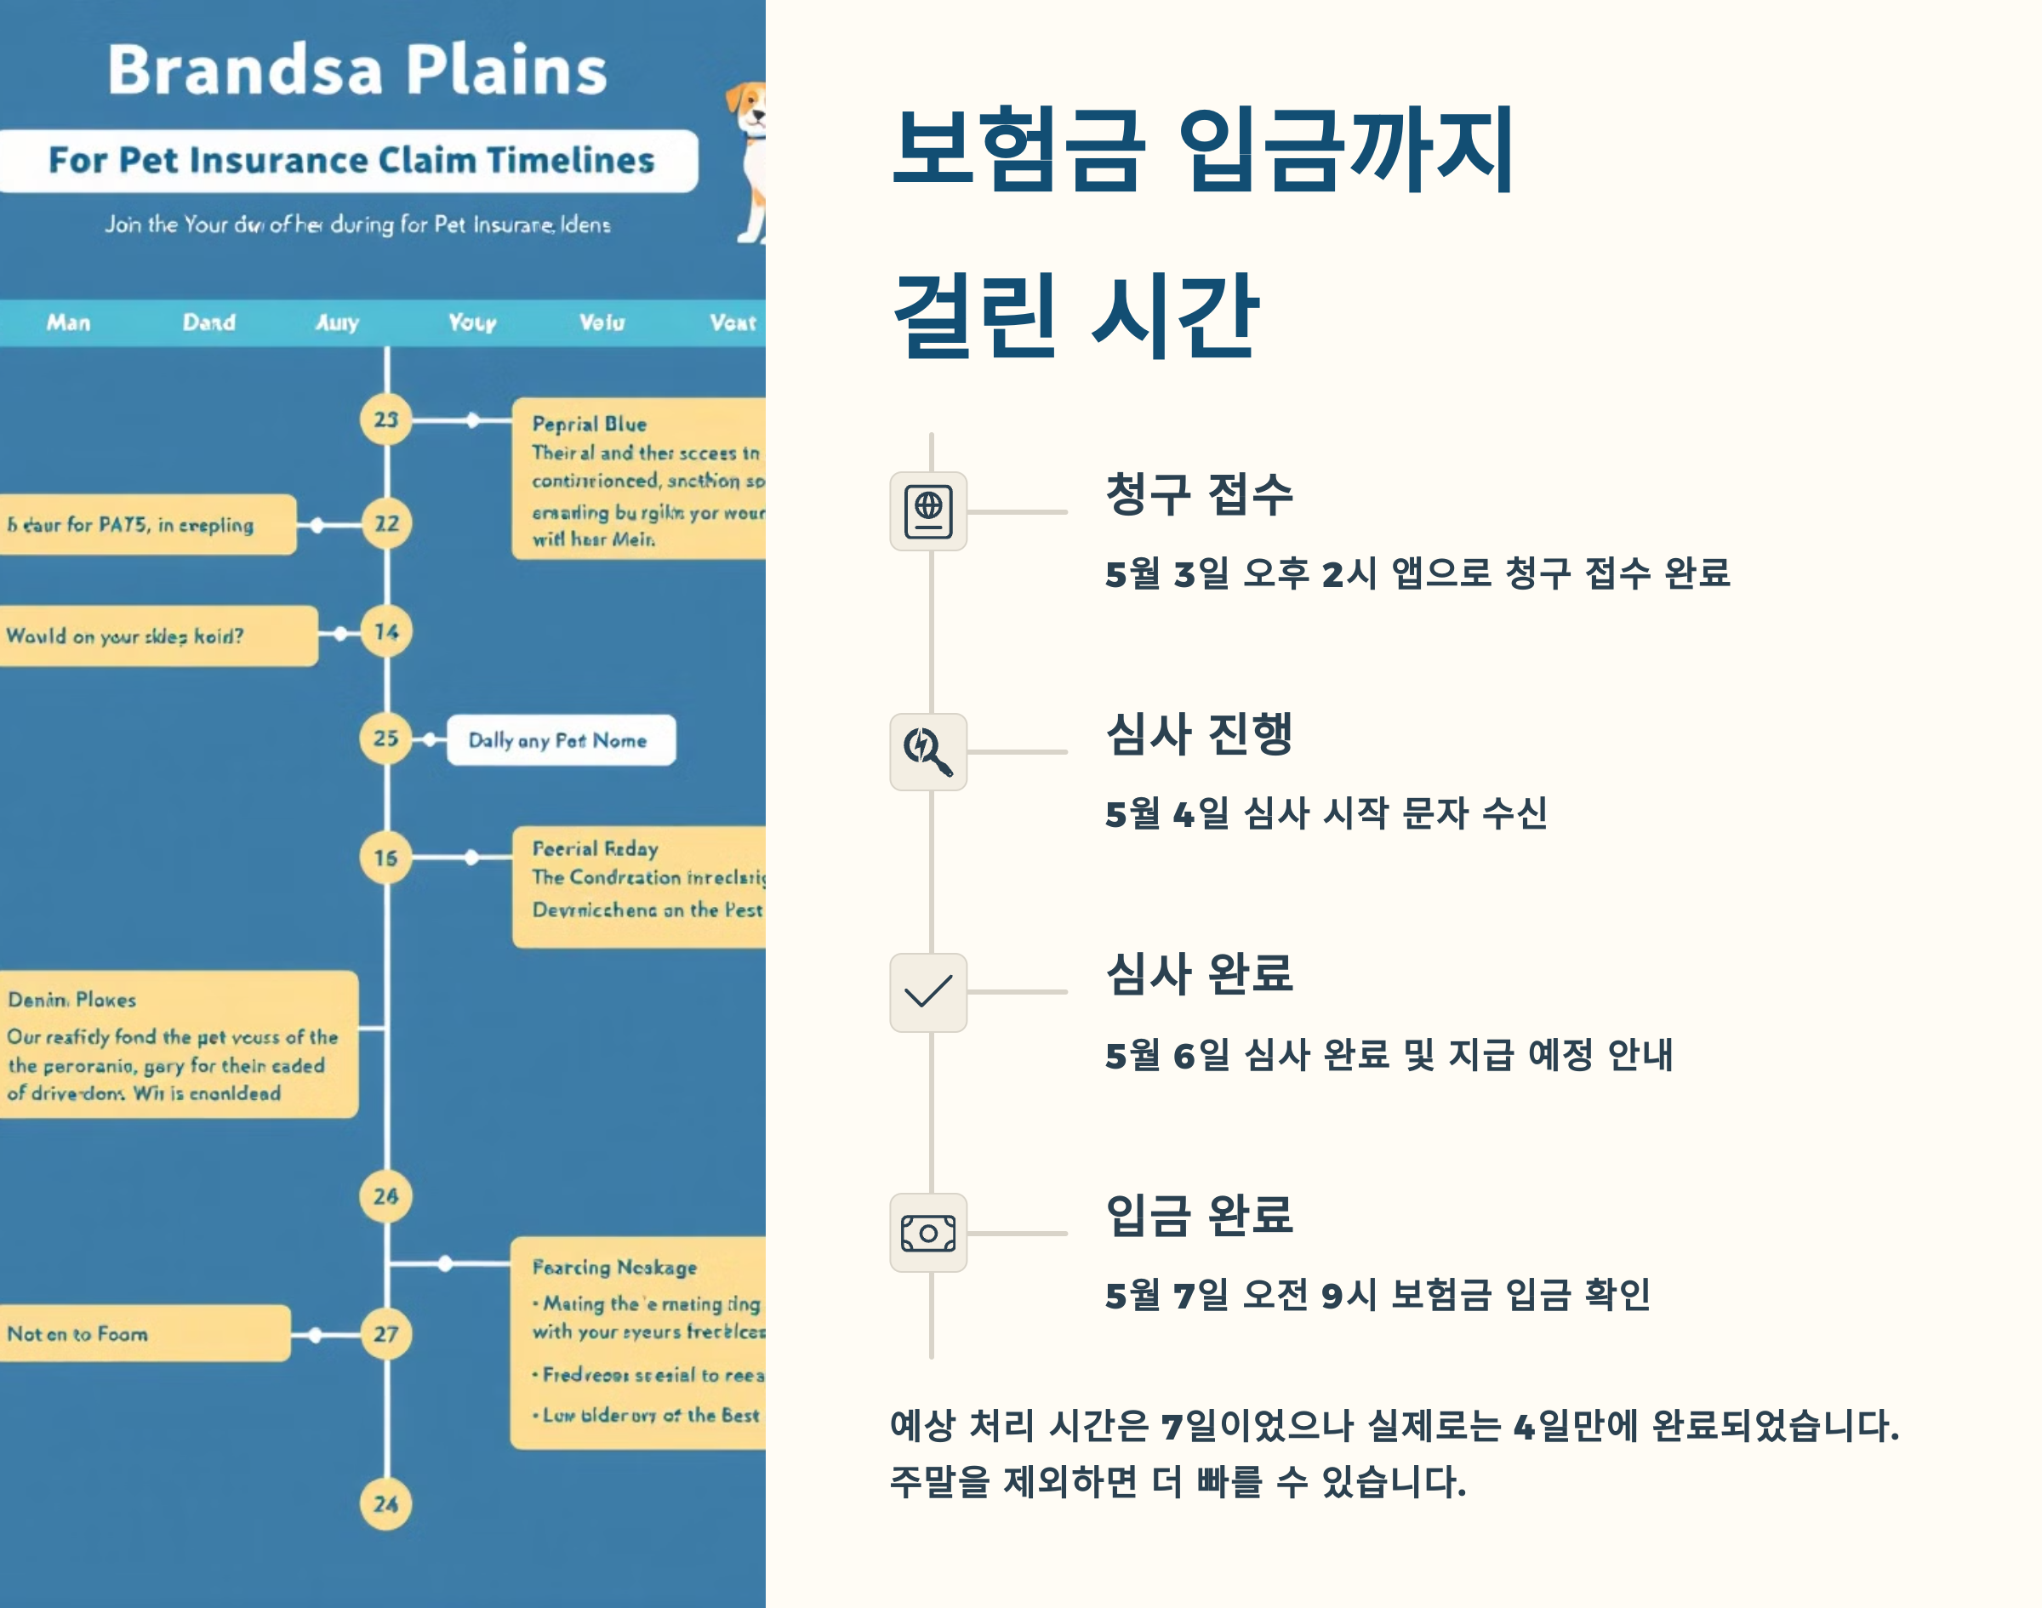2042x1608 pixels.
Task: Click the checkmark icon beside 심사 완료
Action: (x=927, y=991)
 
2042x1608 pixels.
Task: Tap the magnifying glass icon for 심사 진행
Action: (x=927, y=751)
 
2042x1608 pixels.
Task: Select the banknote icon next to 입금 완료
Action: (x=927, y=1232)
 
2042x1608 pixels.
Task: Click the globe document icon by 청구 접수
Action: (x=927, y=511)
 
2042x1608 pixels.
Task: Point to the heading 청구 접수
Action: (x=1199, y=494)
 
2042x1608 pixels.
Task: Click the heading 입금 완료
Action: (x=1199, y=1214)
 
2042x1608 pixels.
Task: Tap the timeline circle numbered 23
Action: (x=386, y=420)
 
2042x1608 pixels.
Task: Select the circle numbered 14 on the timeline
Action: (x=386, y=631)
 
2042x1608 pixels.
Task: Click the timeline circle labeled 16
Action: (x=386, y=858)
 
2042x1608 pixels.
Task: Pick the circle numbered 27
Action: (x=386, y=1334)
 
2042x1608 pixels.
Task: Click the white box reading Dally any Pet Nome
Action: (x=560, y=740)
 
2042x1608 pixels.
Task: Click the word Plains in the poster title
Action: (x=506, y=71)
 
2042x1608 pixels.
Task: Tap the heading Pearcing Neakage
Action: (x=615, y=1267)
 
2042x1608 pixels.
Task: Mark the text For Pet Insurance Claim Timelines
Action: (x=351, y=161)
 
